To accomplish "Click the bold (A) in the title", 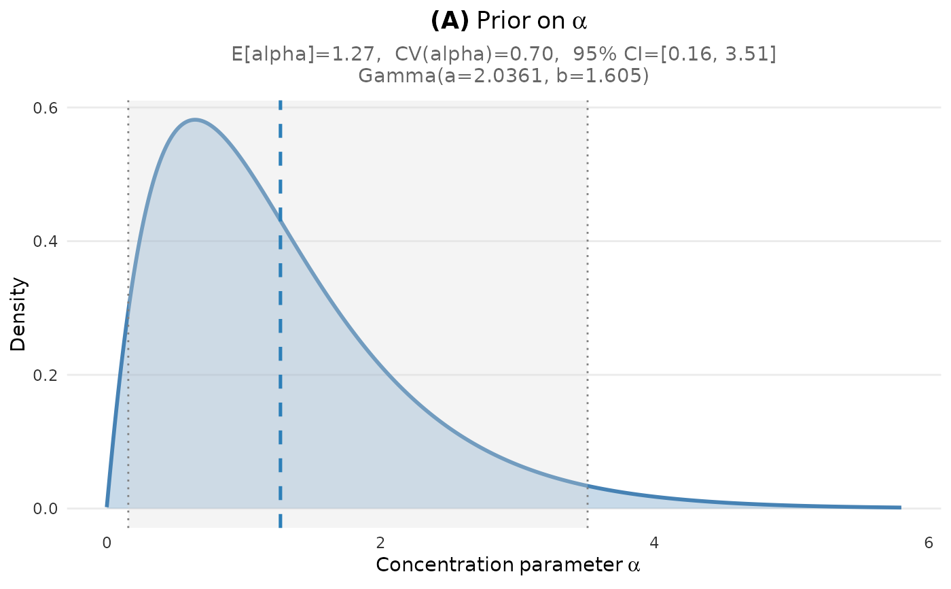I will tap(450, 21).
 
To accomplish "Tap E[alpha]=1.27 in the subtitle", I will tap(306, 54).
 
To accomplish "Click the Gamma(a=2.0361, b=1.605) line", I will tap(503, 75).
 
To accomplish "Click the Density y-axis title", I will tap(18, 314).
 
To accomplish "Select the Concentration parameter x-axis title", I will tap(507, 565).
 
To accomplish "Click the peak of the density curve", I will tap(195, 120).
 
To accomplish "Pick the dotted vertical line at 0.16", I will tap(128, 408).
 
